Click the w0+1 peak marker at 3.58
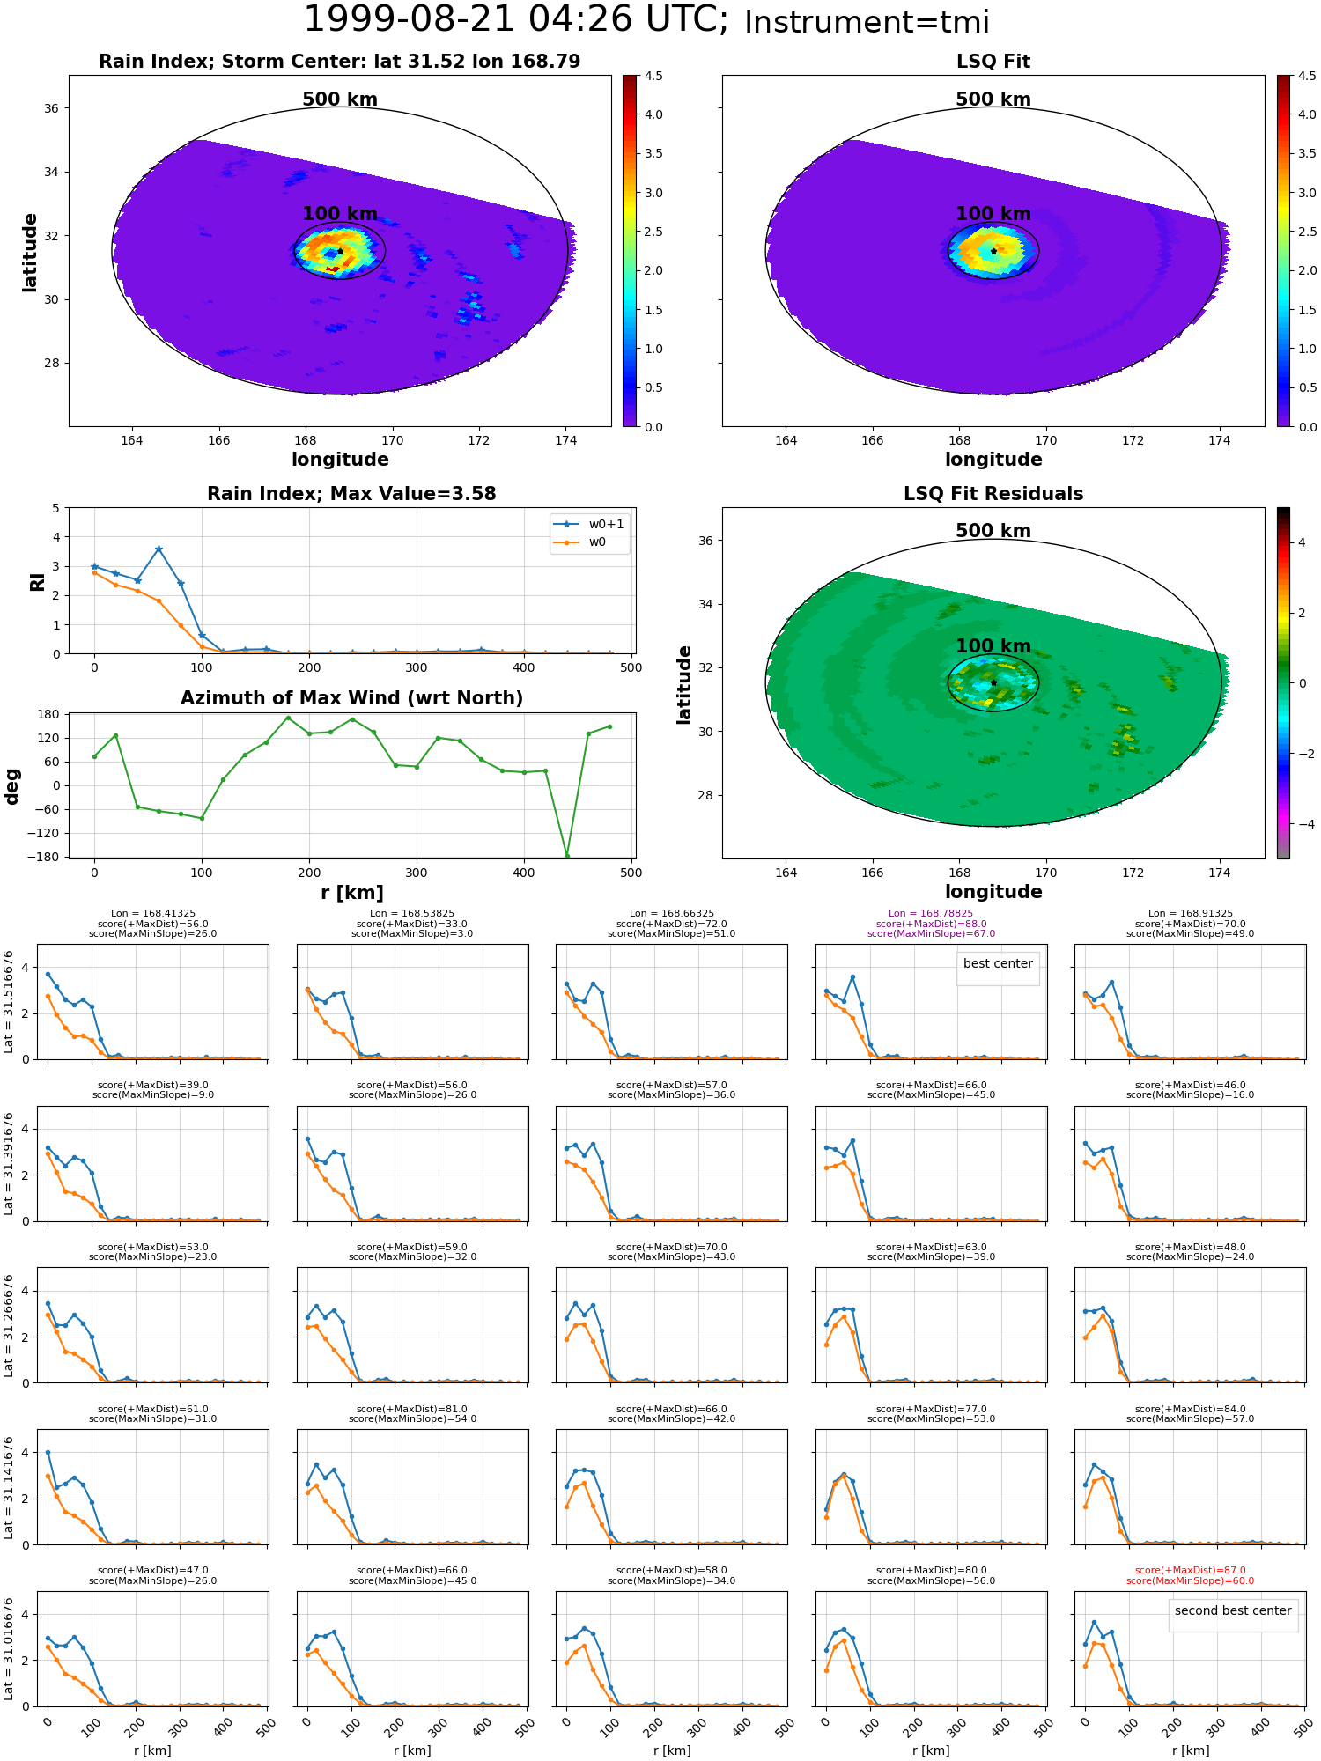click(x=159, y=549)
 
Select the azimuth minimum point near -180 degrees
click(x=567, y=856)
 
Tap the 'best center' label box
click(x=998, y=964)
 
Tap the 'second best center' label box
click(x=1232, y=1611)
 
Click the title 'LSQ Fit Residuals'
click(x=993, y=494)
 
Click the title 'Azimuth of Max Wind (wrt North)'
click(x=351, y=698)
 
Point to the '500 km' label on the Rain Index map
click(x=340, y=99)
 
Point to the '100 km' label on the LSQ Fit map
click(x=993, y=214)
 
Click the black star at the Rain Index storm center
click(x=340, y=252)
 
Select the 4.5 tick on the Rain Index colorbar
click(x=653, y=77)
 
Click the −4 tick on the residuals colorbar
click(x=1302, y=824)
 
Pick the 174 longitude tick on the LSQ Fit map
click(x=1219, y=440)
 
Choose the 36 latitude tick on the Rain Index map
click(x=52, y=108)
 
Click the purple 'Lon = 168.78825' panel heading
click(x=931, y=914)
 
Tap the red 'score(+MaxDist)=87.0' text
click(x=1190, y=1571)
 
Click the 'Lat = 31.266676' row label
click(x=9, y=1324)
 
